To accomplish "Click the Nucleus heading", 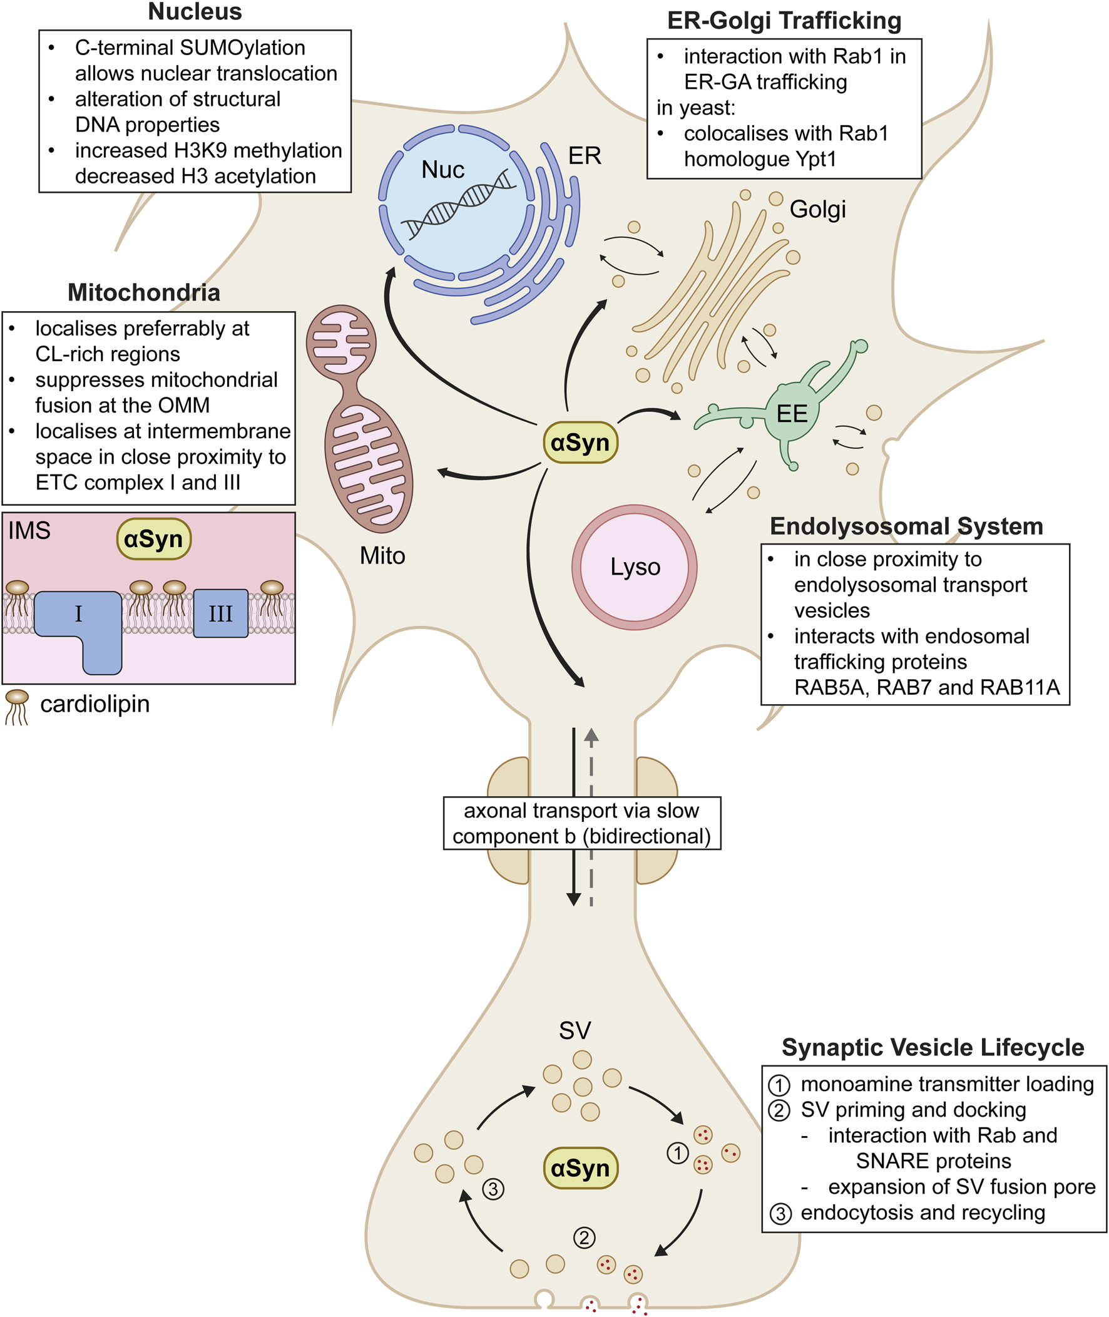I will point(195,12).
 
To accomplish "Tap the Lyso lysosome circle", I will point(635,566).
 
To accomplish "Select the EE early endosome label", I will point(792,414).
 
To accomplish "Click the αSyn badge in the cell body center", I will point(580,443).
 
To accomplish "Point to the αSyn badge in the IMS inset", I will point(153,539).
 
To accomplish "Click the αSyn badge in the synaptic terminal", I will point(580,1168).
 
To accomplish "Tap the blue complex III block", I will point(221,613).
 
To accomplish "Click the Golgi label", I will point(817,209).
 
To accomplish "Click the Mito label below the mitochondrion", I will point(382,556).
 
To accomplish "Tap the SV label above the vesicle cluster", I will point(575,1031).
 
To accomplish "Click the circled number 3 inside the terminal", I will point(493,1189).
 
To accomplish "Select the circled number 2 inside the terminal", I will point(584,1238).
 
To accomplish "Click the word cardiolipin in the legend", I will point(95,704).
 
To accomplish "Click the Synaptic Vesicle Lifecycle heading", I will point(933,1047).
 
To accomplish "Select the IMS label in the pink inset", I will point(29,531).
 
